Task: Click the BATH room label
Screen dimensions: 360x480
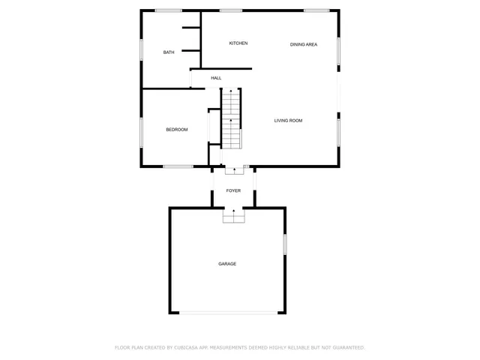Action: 169,52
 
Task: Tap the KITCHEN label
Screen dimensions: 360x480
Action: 238,43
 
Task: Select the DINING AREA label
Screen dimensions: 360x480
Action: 304,45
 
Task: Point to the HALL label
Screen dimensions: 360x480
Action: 216,78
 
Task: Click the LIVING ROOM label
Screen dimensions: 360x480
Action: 288,121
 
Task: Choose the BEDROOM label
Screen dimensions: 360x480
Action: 176,130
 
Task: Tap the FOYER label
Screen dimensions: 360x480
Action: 234,191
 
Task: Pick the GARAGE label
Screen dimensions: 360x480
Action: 227,264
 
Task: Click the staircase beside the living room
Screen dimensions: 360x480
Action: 231,118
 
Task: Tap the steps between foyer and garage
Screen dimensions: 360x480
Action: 234,216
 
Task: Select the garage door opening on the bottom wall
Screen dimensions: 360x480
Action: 227,312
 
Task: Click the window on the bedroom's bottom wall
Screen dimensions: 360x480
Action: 178,166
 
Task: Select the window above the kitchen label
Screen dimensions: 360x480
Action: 231,10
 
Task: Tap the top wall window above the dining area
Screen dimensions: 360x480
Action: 316,10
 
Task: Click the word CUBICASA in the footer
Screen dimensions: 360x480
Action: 189,348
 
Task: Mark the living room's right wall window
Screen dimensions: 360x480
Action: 338,129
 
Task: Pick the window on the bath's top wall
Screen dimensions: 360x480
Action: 169,10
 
